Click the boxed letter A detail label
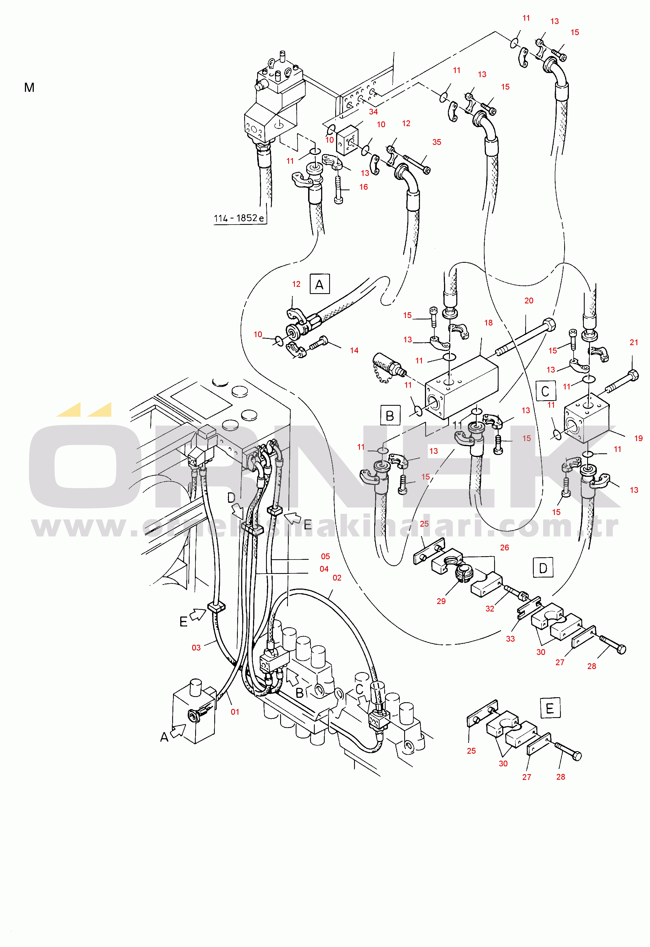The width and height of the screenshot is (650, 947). tap(320, 284)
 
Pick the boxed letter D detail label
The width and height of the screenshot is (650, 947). tap(543, 567)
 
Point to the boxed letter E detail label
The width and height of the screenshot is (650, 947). tap(550, 708)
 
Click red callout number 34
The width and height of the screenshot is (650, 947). tap(373, 112)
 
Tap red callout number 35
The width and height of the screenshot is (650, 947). tap(437, 142)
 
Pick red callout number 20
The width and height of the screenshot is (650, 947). tap(529, 301)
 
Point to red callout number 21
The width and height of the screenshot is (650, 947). tap(634, 343)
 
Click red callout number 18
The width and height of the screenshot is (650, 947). tap(489, 323)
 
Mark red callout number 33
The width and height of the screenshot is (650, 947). tap(510, 639)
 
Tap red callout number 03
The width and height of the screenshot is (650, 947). tap(196, 647)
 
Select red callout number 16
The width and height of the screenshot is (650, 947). tap(364, 187)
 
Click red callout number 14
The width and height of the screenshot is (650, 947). tap(354, 350)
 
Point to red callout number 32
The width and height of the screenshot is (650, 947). tap(490, 609)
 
